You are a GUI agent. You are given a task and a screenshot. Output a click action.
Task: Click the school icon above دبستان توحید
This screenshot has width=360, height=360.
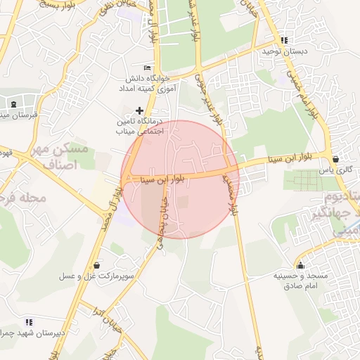pos(284,41)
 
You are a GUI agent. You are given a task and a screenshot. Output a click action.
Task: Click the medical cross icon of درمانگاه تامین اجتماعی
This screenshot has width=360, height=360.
pos(140,110)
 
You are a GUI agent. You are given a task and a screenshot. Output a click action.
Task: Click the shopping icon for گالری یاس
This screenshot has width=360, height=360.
pos(335,159)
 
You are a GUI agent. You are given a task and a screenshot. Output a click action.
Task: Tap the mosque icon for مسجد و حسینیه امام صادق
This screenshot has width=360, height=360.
pos(301,266)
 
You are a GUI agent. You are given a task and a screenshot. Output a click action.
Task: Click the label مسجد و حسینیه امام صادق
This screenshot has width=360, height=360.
pos(301,281)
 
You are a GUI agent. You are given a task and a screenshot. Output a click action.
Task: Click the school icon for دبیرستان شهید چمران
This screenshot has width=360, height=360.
pos(28,321)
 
